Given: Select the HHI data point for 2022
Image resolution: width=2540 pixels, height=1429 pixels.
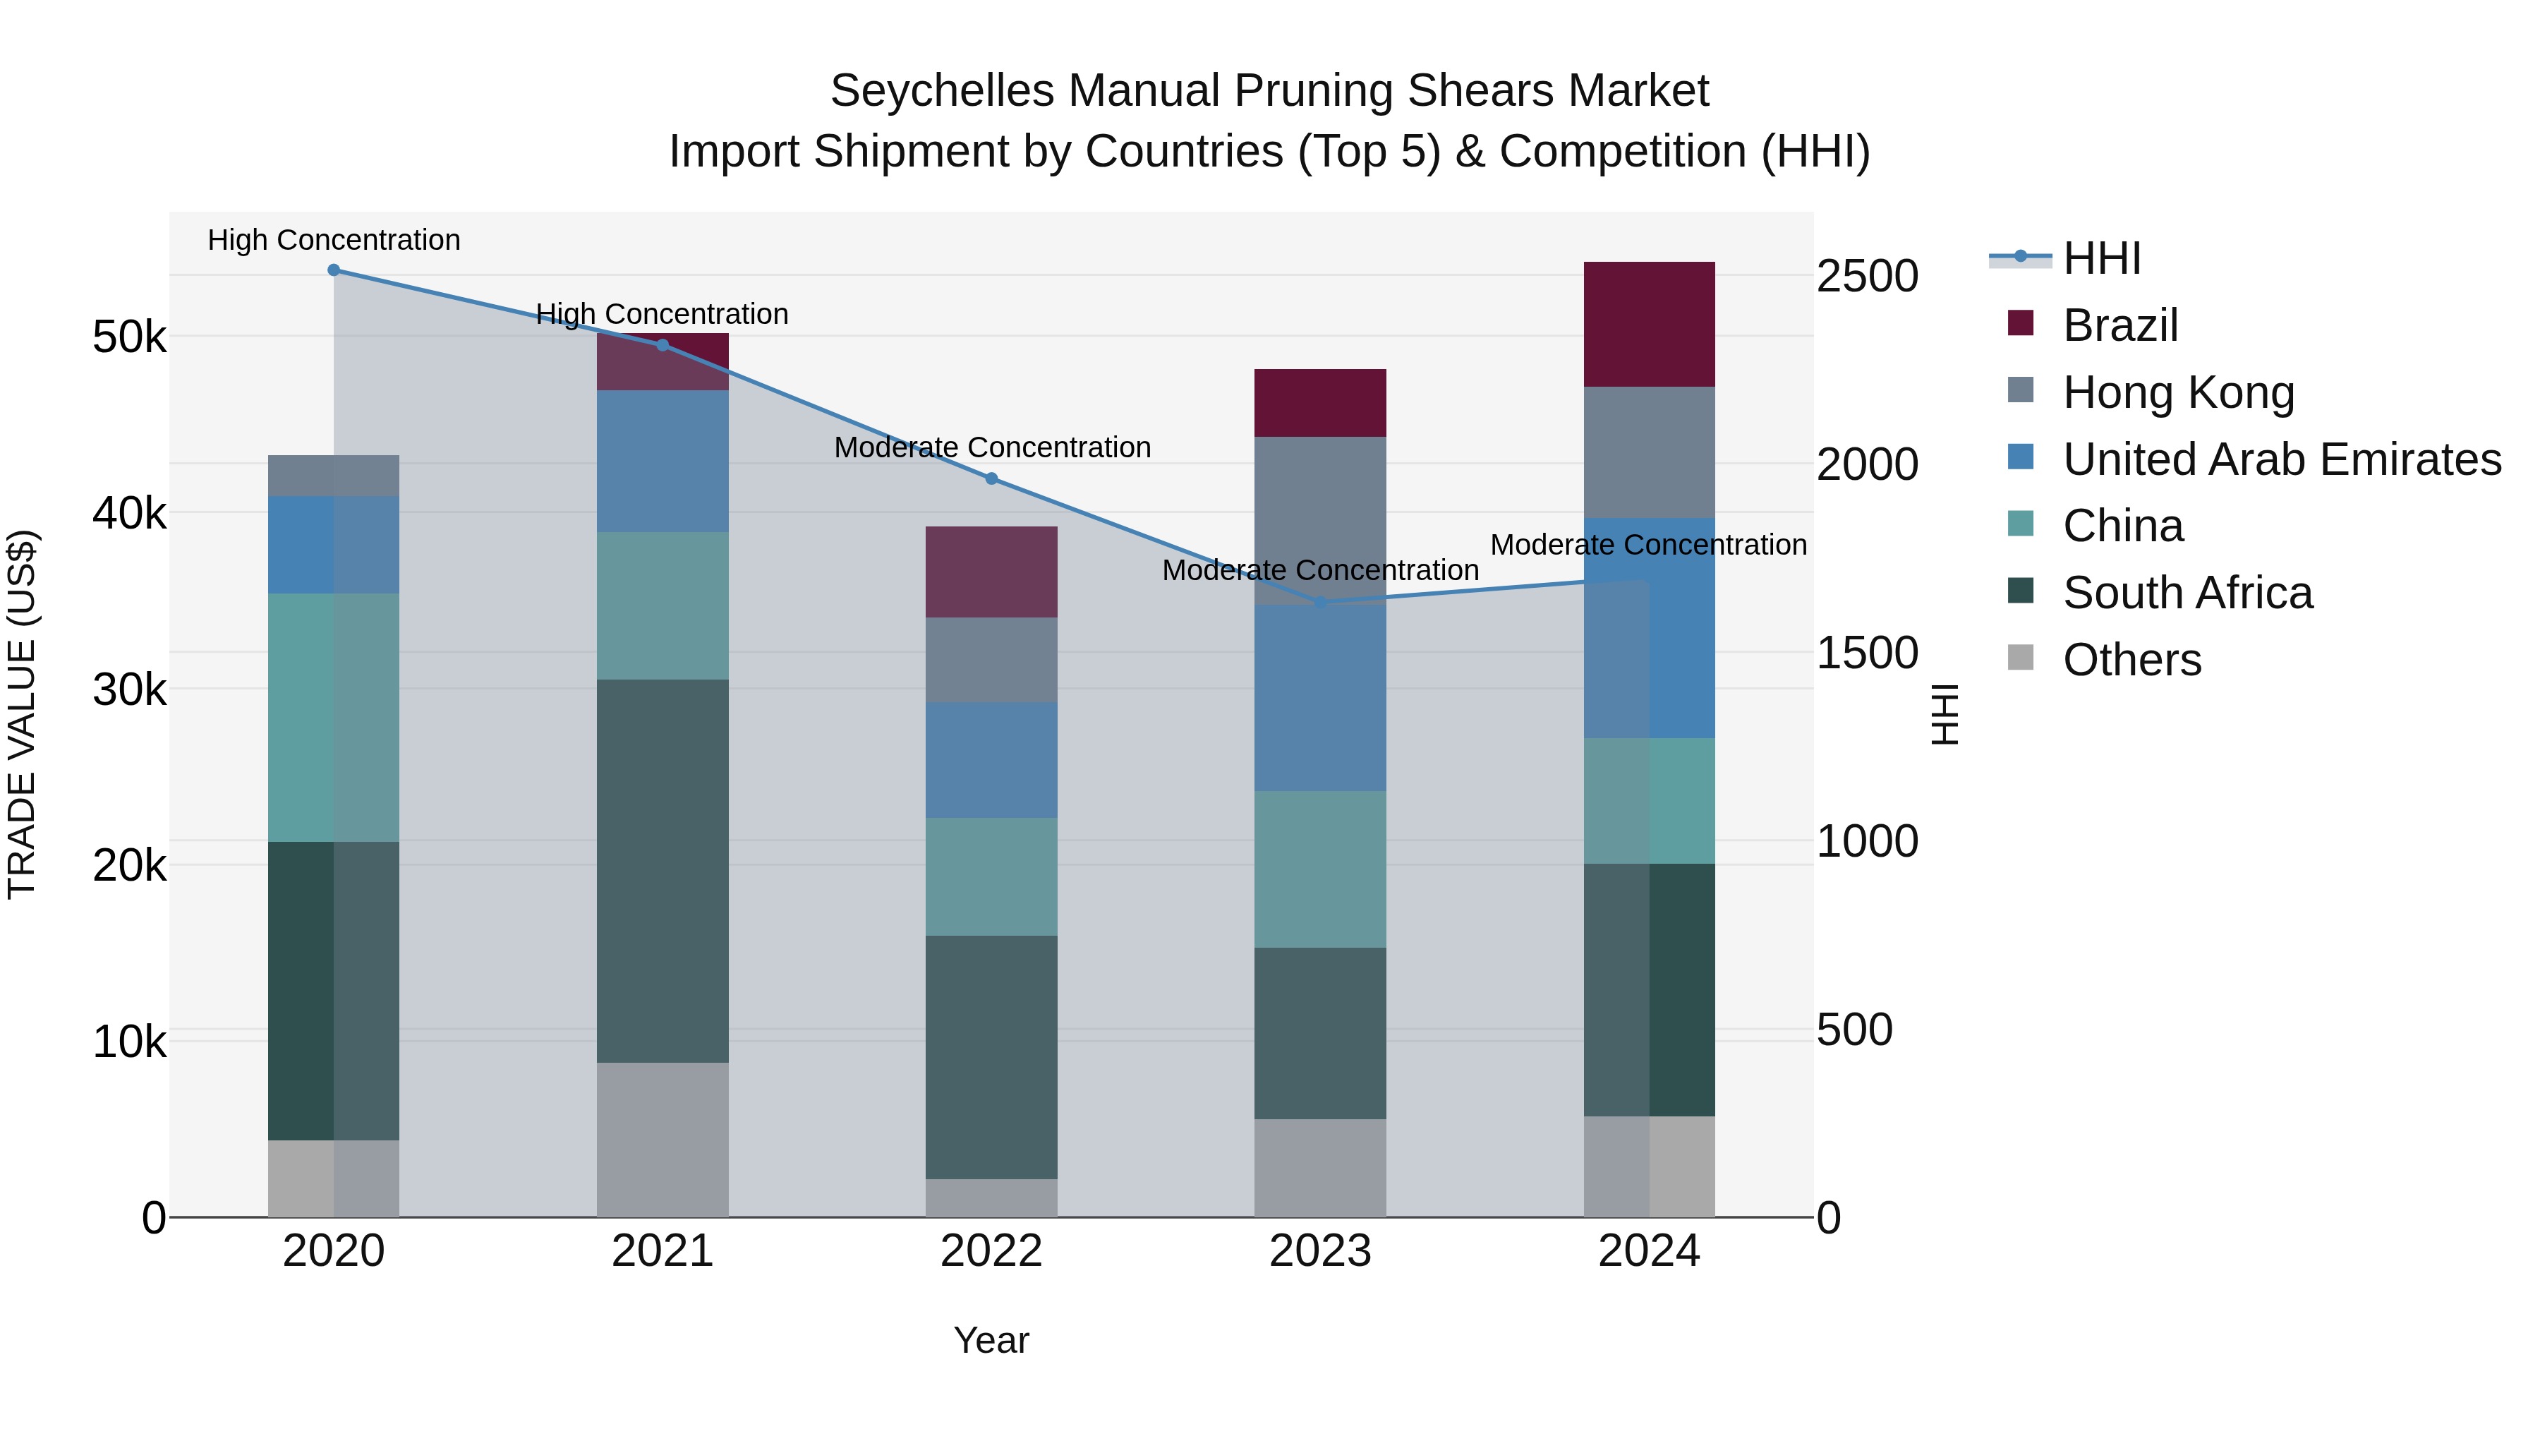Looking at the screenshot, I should click(x=992, y=479).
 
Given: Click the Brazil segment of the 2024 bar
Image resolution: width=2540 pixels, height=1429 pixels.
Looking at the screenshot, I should click(x=1649, y=325).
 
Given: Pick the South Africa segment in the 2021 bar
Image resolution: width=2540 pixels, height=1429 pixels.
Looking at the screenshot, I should click(x=663, y=871).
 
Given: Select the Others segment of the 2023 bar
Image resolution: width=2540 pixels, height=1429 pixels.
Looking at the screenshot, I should click(x=1320, y=1168).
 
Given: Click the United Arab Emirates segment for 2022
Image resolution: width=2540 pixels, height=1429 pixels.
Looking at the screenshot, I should click(x=992, y=760).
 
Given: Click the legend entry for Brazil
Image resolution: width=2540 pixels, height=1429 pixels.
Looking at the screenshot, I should click(x=2120, y=325).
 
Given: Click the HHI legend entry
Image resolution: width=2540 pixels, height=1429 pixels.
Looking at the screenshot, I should click(x=2101, y=258).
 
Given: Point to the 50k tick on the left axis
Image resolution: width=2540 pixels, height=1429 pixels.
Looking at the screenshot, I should click(x=129, y=338).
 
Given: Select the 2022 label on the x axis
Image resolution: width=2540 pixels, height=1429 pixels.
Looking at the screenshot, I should click(x=992, y=1251).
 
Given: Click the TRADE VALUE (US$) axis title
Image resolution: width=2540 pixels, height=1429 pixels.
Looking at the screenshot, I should click(x=23, y=714).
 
